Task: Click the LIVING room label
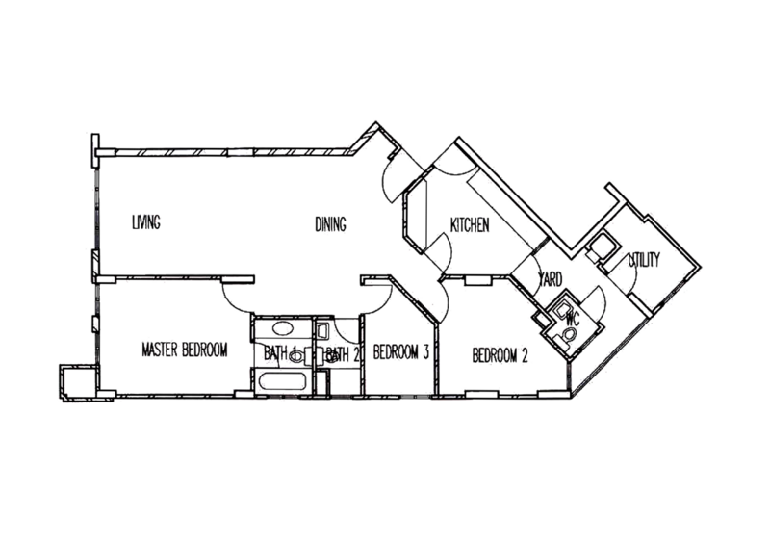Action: click(145, 224)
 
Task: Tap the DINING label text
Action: click(329, 224)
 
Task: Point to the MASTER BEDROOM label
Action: click(183, 351)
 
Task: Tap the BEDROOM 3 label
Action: click(403, 352)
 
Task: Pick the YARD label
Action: click(550, 278)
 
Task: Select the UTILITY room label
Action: click(643, 257)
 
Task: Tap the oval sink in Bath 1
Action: click(280, 327)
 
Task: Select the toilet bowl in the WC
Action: click(570, 330)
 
